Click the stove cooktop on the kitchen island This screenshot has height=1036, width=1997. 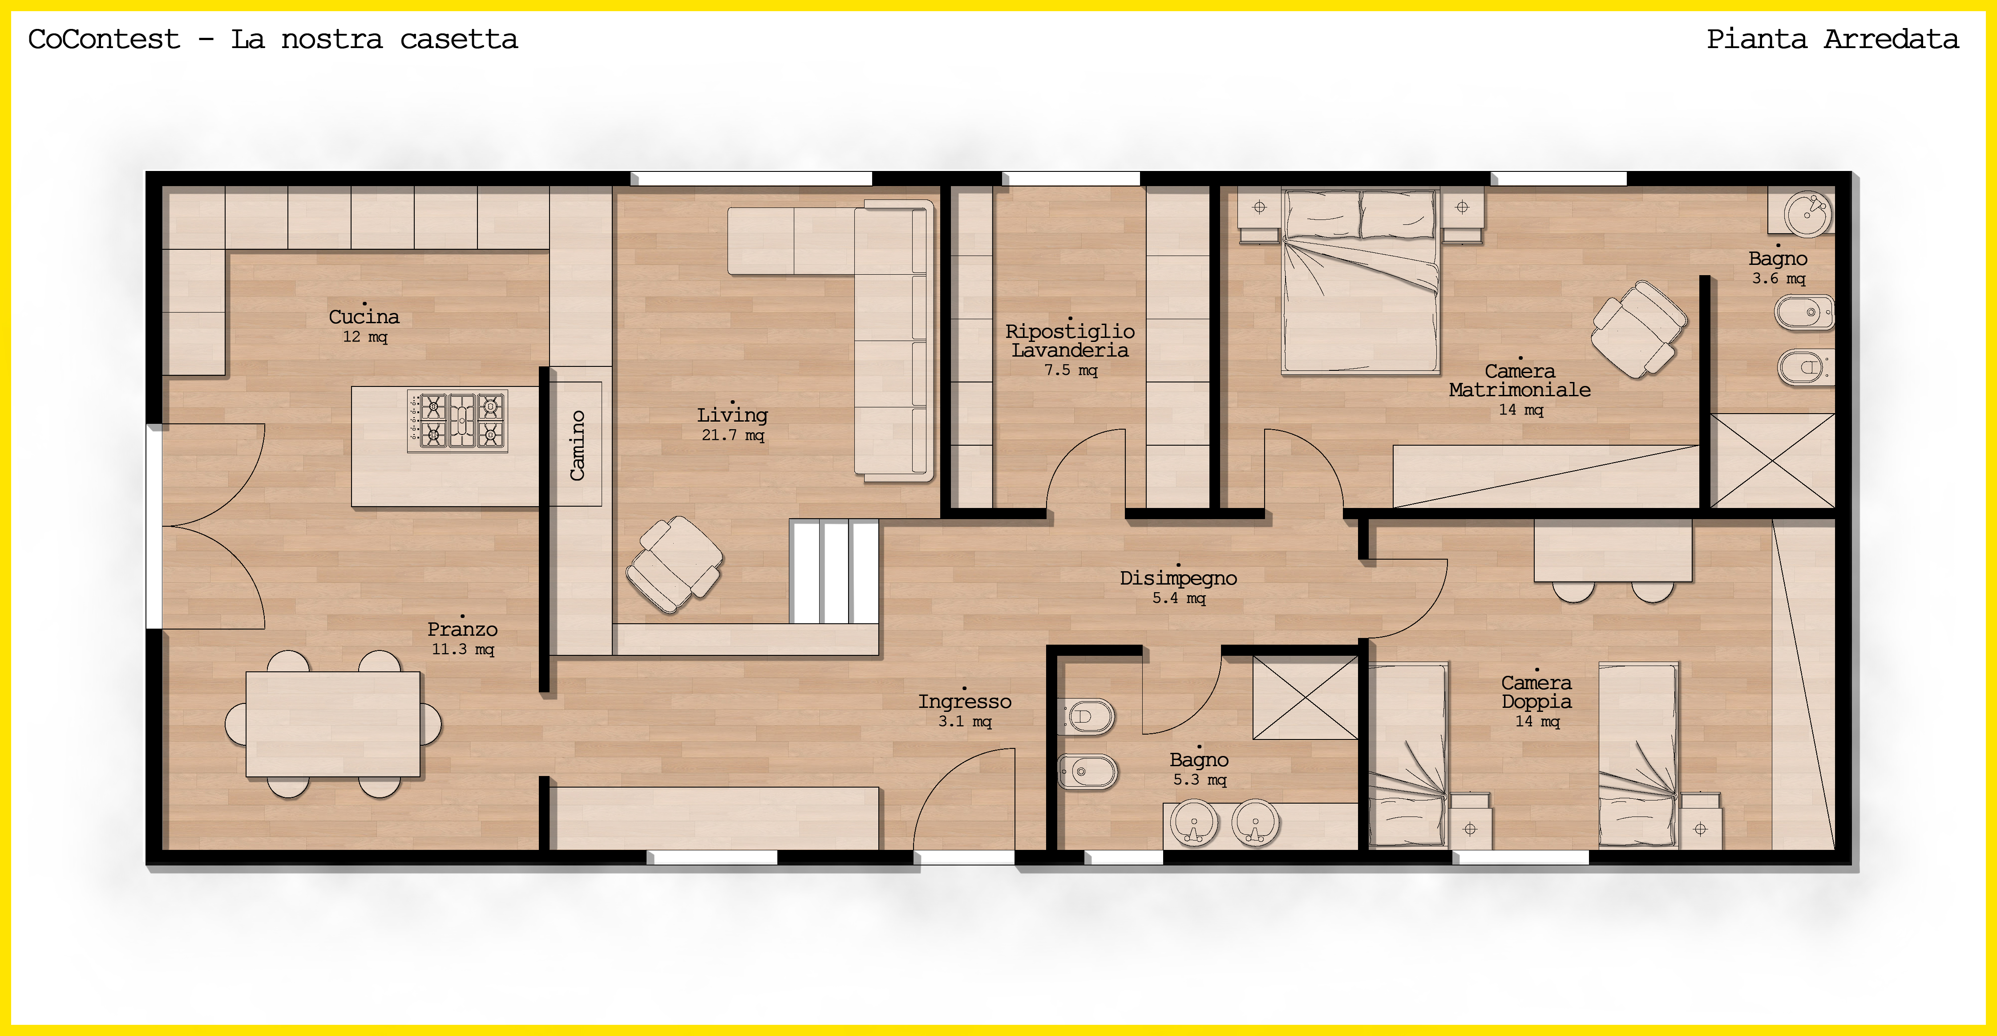(457, 421)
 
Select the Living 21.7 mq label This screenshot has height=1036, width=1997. (732, 424)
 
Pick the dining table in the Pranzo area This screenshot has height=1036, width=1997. (333, 724)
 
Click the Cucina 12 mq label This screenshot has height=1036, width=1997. (364, 325)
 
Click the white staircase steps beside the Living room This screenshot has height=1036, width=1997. (834, 572)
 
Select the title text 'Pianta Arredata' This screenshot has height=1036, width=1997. (1833, 39)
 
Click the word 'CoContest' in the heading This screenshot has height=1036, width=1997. (104, 39)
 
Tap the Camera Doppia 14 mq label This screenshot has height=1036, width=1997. (1536, 701)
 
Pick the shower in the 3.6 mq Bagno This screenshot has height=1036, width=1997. (1772, 461)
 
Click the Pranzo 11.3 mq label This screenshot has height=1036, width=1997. (463, 638)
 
